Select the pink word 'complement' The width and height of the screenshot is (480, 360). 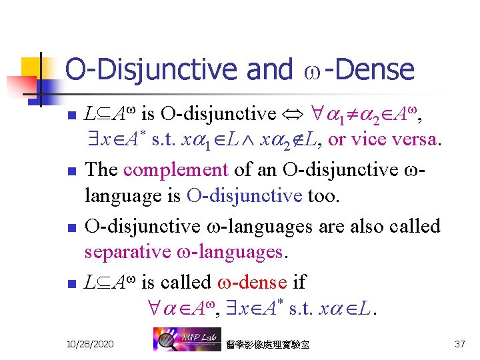pyautogui.click(x=175, y=169)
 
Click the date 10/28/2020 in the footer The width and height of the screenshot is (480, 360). pyautogui.click(x=90, y=343)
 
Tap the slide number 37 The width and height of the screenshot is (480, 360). pyautogui.click(x=459, y=343)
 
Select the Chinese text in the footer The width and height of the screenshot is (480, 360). pyautogui.click(x=268, y=344)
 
